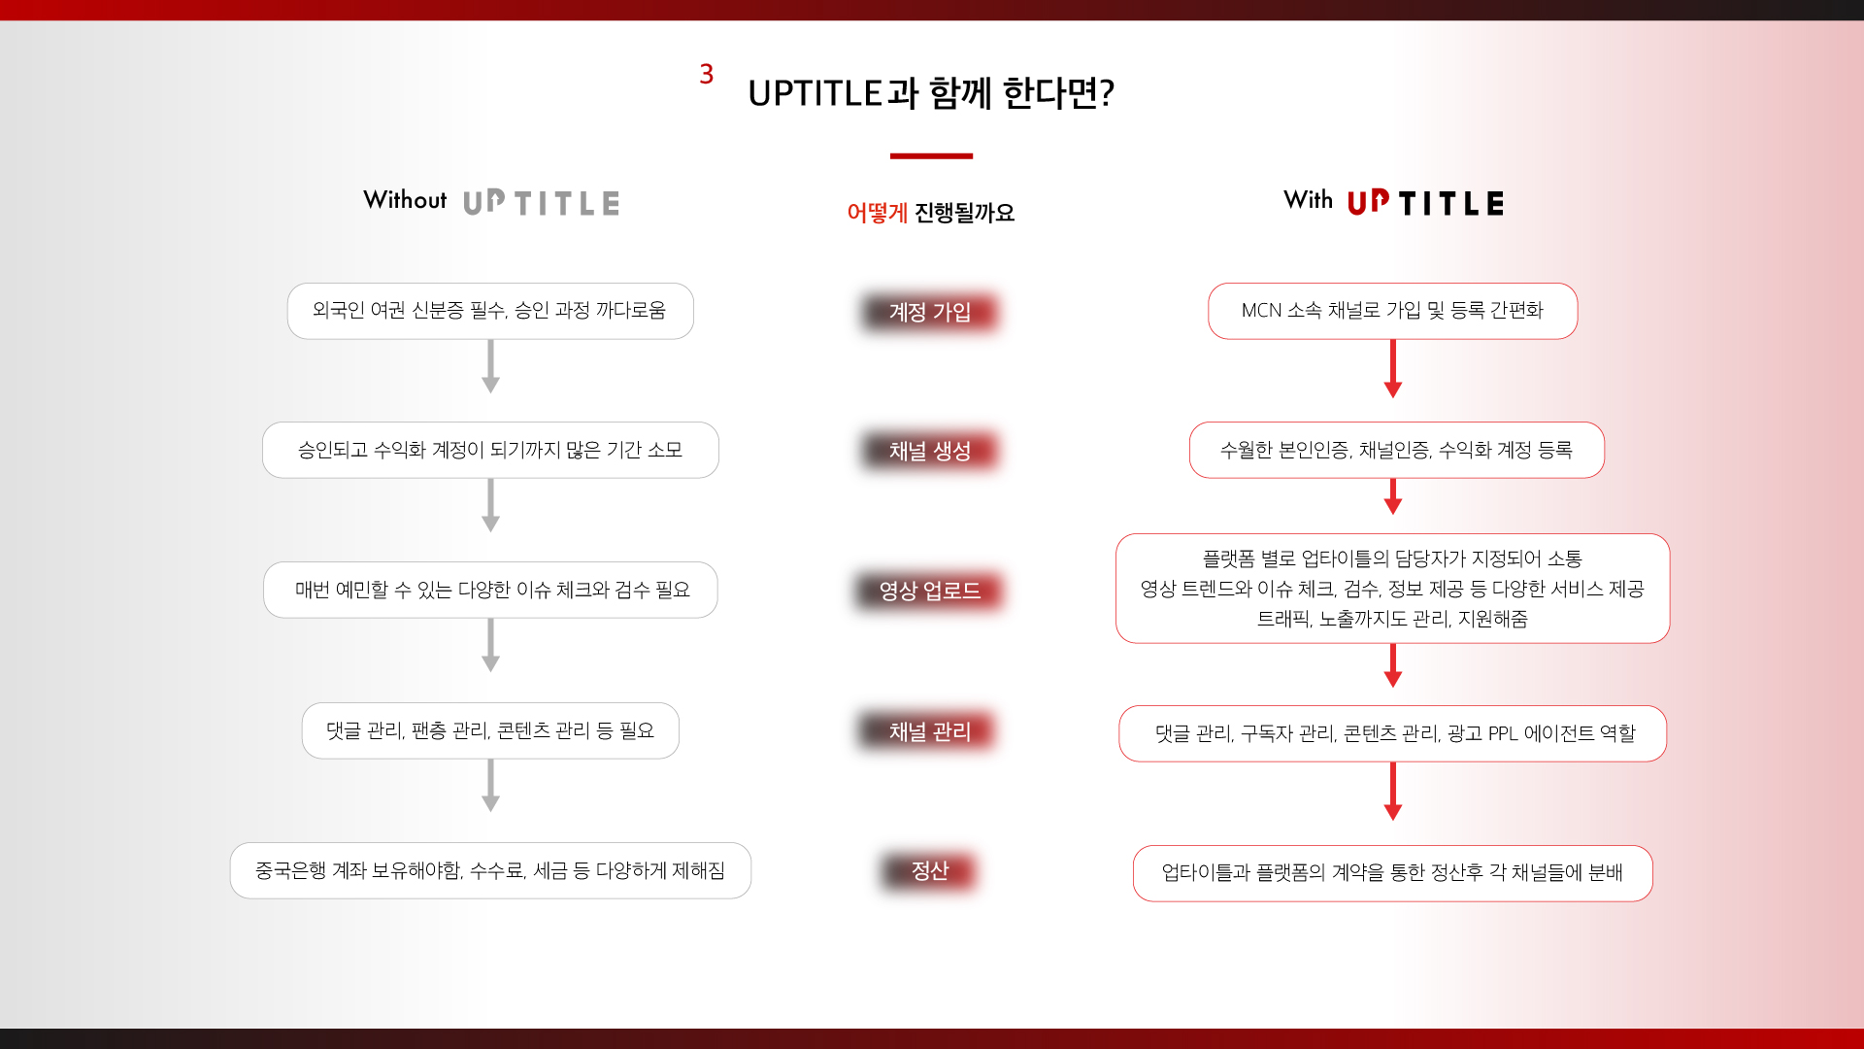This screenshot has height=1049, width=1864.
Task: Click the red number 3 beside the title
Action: (707, 74)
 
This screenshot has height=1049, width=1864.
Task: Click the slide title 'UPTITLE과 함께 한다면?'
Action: (931, 93)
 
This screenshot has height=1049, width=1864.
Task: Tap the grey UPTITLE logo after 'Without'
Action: (541, 202)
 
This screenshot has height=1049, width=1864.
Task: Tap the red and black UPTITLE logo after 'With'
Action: (1425, 202)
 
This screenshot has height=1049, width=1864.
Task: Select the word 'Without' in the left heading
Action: (405, 200)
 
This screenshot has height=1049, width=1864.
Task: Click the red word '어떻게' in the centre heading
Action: (877, 213)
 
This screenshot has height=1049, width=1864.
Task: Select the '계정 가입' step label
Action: (930, 312)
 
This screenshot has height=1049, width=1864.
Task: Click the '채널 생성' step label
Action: (930, 451)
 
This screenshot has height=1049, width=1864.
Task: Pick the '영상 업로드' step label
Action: (930, 591)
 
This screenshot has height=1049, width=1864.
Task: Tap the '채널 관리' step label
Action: (930, 731)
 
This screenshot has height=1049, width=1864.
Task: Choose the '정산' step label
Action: (930, 870)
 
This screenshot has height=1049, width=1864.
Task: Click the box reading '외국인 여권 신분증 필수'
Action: (490, 311)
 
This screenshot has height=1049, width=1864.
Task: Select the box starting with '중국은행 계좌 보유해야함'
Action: (490, 870)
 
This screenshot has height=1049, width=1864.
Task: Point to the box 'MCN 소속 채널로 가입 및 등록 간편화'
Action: (1393, 311)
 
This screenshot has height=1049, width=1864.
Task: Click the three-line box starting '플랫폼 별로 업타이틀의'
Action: (1393, 589)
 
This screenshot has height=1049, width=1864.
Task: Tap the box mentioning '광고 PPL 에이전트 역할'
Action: (1393, 733)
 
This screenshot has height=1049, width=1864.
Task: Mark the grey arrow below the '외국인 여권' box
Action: (490, 366)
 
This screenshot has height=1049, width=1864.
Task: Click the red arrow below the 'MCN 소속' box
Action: (1393, 368)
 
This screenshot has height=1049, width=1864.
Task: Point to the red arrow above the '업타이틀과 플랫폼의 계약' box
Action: (1393, 792)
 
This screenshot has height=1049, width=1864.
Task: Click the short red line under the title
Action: (931, 155)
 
